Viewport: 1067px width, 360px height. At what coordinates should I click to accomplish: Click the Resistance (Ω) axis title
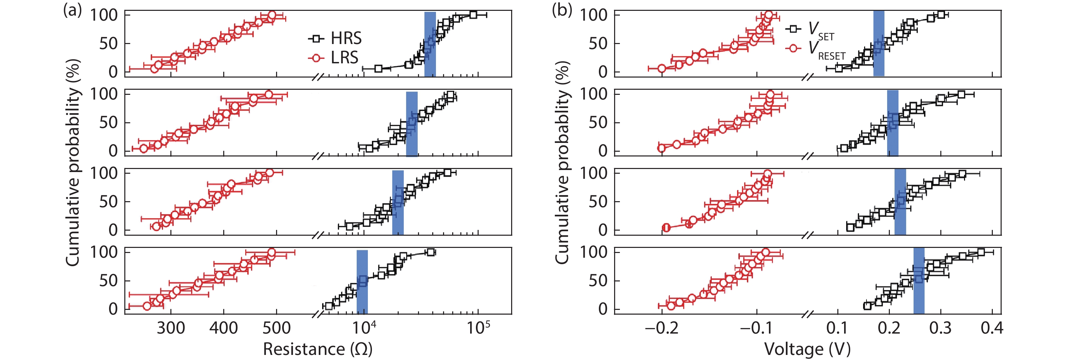318,349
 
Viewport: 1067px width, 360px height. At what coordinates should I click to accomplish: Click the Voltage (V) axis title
807,349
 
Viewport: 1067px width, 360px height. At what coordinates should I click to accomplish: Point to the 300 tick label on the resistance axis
171,328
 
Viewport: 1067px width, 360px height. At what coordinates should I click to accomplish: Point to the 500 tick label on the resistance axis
277,328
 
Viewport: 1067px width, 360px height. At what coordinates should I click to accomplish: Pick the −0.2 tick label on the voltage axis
662,328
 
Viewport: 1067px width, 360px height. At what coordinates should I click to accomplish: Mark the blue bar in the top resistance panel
430,44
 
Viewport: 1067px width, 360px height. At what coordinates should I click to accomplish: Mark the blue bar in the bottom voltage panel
919,280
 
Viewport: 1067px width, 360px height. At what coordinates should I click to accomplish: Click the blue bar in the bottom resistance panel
362,282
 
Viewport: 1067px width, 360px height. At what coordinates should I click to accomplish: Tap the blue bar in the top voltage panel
879,43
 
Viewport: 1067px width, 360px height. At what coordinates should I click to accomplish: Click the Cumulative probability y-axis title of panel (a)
73,163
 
